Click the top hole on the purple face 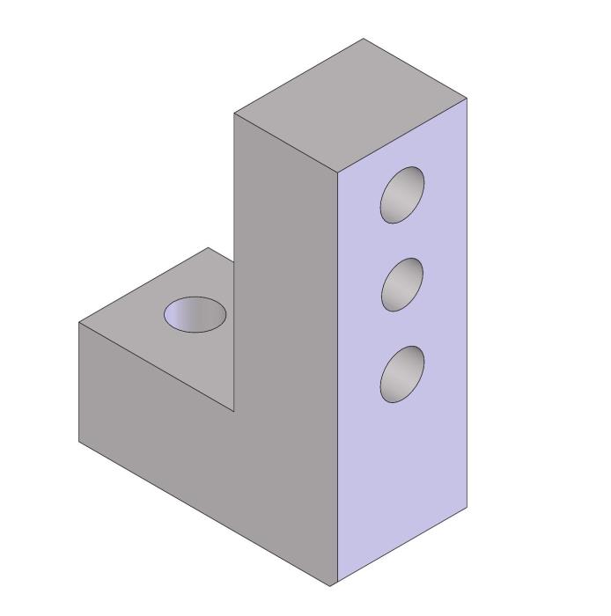[402, 194]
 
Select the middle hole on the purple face [402, 284]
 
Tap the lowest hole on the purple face [402, 374]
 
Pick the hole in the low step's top [195, 314]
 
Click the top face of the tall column [350, 106]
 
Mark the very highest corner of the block [364, 39]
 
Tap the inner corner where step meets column [234, 411]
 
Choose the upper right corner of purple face [467, 99]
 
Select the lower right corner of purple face [467, 508]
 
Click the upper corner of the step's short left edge [79, 323]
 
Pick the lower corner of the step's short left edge [79, 442]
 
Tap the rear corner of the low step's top [209, 248]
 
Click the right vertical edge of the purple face [467, 304]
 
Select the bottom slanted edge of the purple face [401, 546]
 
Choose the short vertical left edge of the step [79, 383]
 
